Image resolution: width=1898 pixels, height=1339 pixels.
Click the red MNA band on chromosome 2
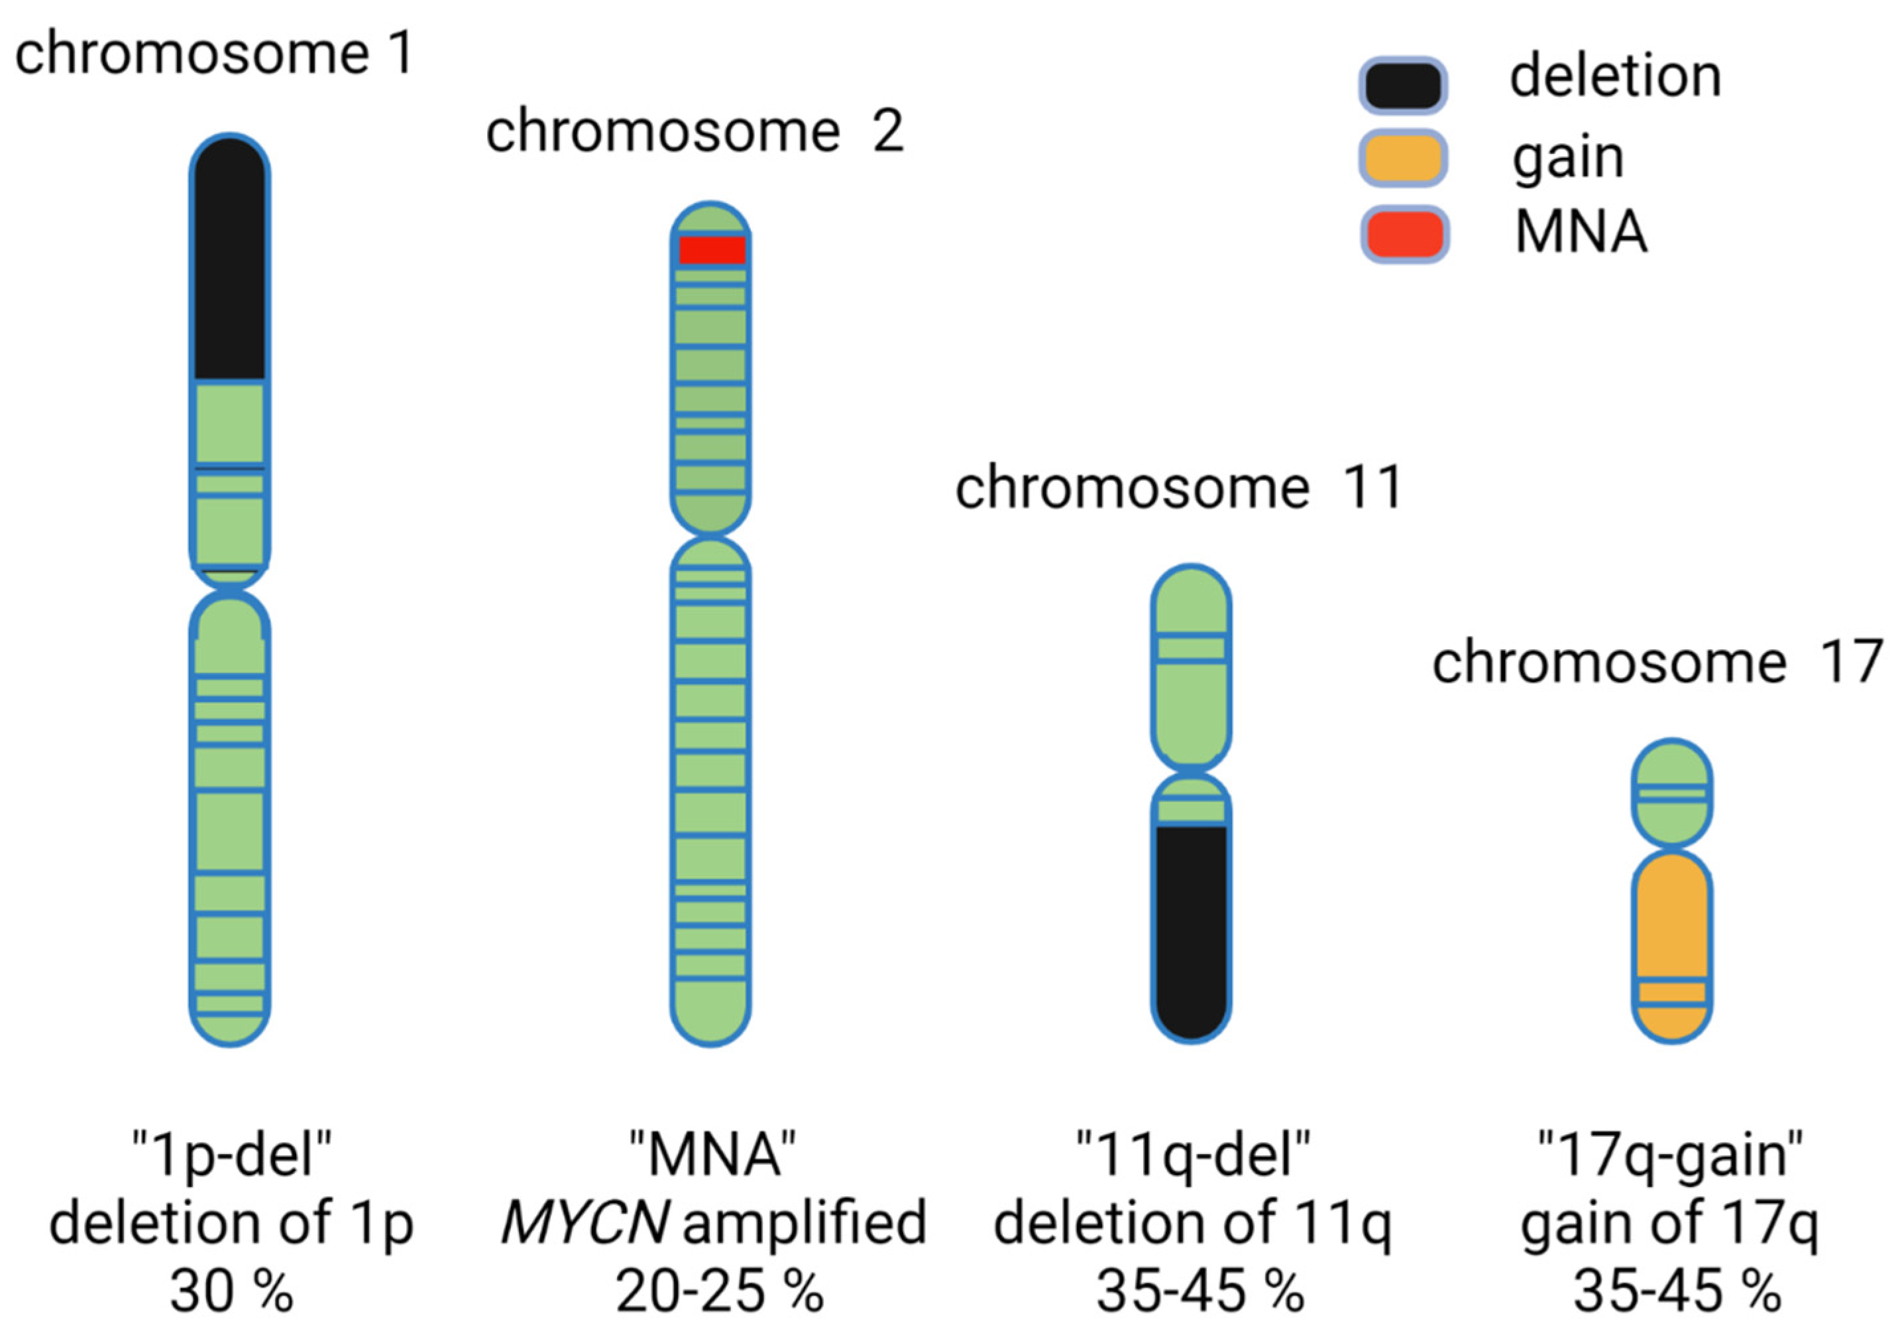[712, 250]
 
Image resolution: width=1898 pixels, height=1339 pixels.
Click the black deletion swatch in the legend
[1403, 85]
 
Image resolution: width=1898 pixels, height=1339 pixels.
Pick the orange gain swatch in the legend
[1403, 158]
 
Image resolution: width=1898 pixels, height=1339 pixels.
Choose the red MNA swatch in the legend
[1404, 234]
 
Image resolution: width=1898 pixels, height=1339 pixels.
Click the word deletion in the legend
[1615, 77]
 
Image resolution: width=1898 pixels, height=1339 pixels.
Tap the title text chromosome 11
[1179, 487]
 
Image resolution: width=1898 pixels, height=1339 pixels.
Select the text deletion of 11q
[1193, 1223]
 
